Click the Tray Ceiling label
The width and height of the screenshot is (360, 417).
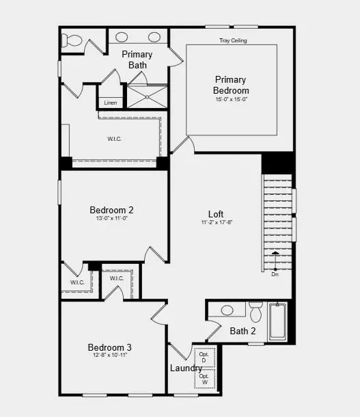pyautogui.click(x=233, y=40)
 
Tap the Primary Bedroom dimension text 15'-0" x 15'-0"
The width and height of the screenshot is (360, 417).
pyautogui.click(x=232, y=100)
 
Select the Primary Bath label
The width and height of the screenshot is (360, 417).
pyautogui.click(x=137, y=59)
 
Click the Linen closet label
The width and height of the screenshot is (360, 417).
pyautogui.click(x=110, y=103)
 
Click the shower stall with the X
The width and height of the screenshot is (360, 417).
pyautogui.click(x=147, y=96)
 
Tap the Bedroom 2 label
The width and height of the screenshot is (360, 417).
pyautogui.click(x=111, y=210)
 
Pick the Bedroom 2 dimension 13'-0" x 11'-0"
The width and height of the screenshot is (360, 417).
pyautogui.click(x=111, y=219)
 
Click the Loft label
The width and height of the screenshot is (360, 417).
pyautogui.click(x=216, y=214)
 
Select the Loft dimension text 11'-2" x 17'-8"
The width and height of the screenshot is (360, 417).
pyautogui.click(x=216, y=223)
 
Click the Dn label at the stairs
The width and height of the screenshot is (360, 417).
pyautogui.click(x=275, y=274)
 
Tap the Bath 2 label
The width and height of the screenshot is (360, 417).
pyautogui.click(x=243, y=332)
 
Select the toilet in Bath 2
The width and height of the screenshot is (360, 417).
pyautogui.click(x=256, y=312)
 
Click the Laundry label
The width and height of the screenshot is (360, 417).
pyautogui.click(x=186, y=368)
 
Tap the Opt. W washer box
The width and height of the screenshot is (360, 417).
pyautogui.click(x=204, y=379)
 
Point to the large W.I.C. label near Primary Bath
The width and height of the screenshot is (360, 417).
pyautogui.click(x=114, y=139)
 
